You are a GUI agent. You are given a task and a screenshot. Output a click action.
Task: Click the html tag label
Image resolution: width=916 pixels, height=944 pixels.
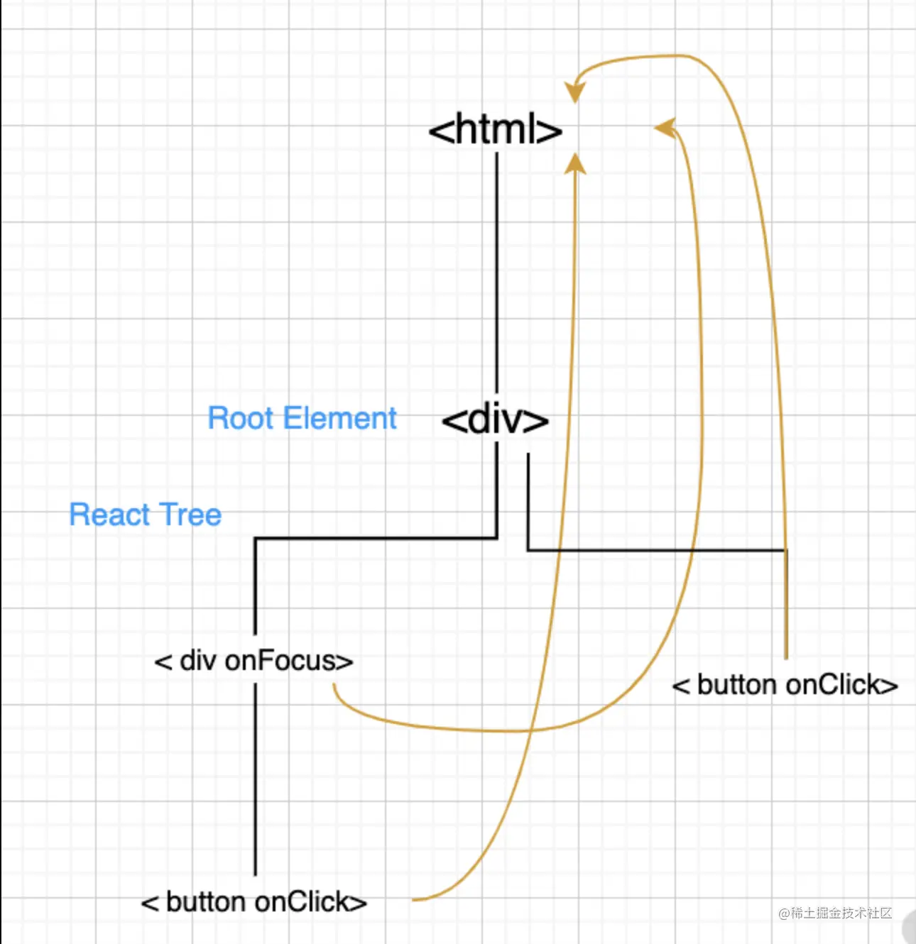tap(495, 131)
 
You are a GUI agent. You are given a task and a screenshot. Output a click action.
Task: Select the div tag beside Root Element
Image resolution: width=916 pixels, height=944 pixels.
tap(495, 420)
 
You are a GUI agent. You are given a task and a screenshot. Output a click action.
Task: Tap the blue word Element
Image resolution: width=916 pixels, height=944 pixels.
tap(339, 419)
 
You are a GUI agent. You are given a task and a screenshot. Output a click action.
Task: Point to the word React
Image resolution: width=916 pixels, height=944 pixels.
tap(109, 515)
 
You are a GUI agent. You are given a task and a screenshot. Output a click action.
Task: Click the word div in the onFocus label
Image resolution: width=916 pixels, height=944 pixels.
tap(197, 661)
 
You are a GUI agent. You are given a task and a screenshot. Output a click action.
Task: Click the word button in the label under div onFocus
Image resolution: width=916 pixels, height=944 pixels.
tap(207, 902)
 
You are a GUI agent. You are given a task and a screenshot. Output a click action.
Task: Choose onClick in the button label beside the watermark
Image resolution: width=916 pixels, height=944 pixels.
tap(832, 685)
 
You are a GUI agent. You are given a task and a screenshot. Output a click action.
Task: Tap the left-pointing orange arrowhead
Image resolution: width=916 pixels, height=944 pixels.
tap(664, 128)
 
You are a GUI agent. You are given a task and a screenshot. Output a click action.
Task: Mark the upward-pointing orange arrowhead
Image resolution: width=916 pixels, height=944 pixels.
tap(575, 164)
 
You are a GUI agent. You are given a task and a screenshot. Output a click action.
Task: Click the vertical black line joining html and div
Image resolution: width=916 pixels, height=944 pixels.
tap(496, 270)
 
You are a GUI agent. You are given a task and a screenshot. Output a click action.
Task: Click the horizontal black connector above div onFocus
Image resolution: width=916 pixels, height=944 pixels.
tap(376, 539)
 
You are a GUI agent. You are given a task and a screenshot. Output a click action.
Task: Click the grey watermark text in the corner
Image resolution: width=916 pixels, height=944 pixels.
tap(835, 913)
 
